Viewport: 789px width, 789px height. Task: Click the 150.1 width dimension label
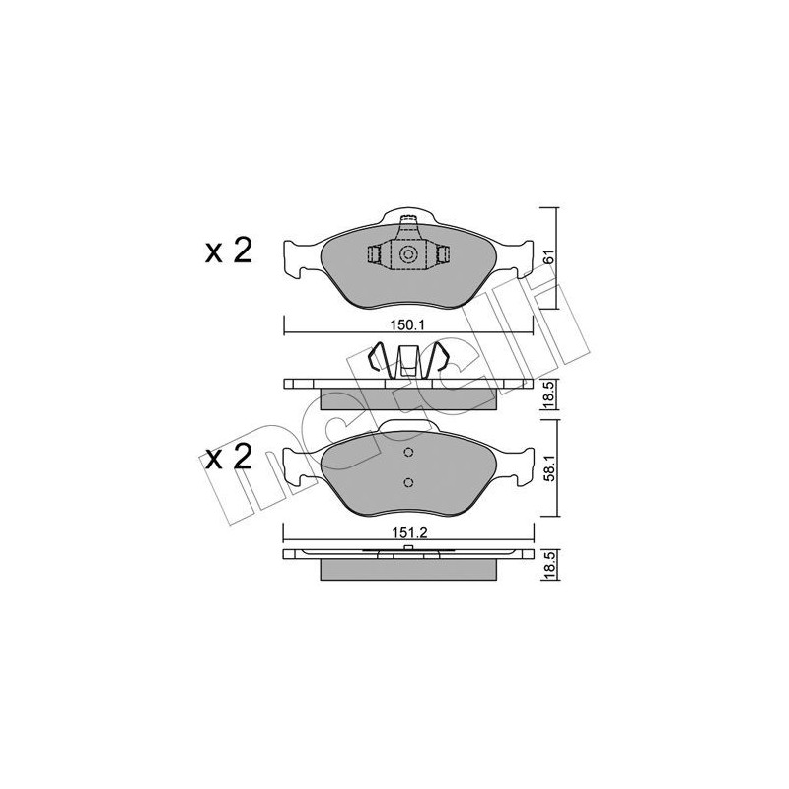click(407, 323)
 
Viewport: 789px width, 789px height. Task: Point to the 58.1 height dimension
click(548, 466)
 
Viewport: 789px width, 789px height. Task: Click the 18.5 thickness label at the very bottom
click(548, 568)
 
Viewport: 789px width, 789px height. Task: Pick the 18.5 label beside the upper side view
click(548, 395)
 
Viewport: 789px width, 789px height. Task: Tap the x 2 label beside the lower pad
click(229, 457)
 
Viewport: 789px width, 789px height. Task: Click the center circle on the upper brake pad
click(407, 255)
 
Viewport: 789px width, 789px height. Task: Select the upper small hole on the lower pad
click(408, 455)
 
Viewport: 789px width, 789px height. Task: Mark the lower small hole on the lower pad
click(408, 483)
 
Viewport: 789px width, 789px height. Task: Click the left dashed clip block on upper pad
click(374, 255)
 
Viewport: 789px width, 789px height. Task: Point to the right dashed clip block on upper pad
click(443, 255)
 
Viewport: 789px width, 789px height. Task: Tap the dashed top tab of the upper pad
click(407, 219)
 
